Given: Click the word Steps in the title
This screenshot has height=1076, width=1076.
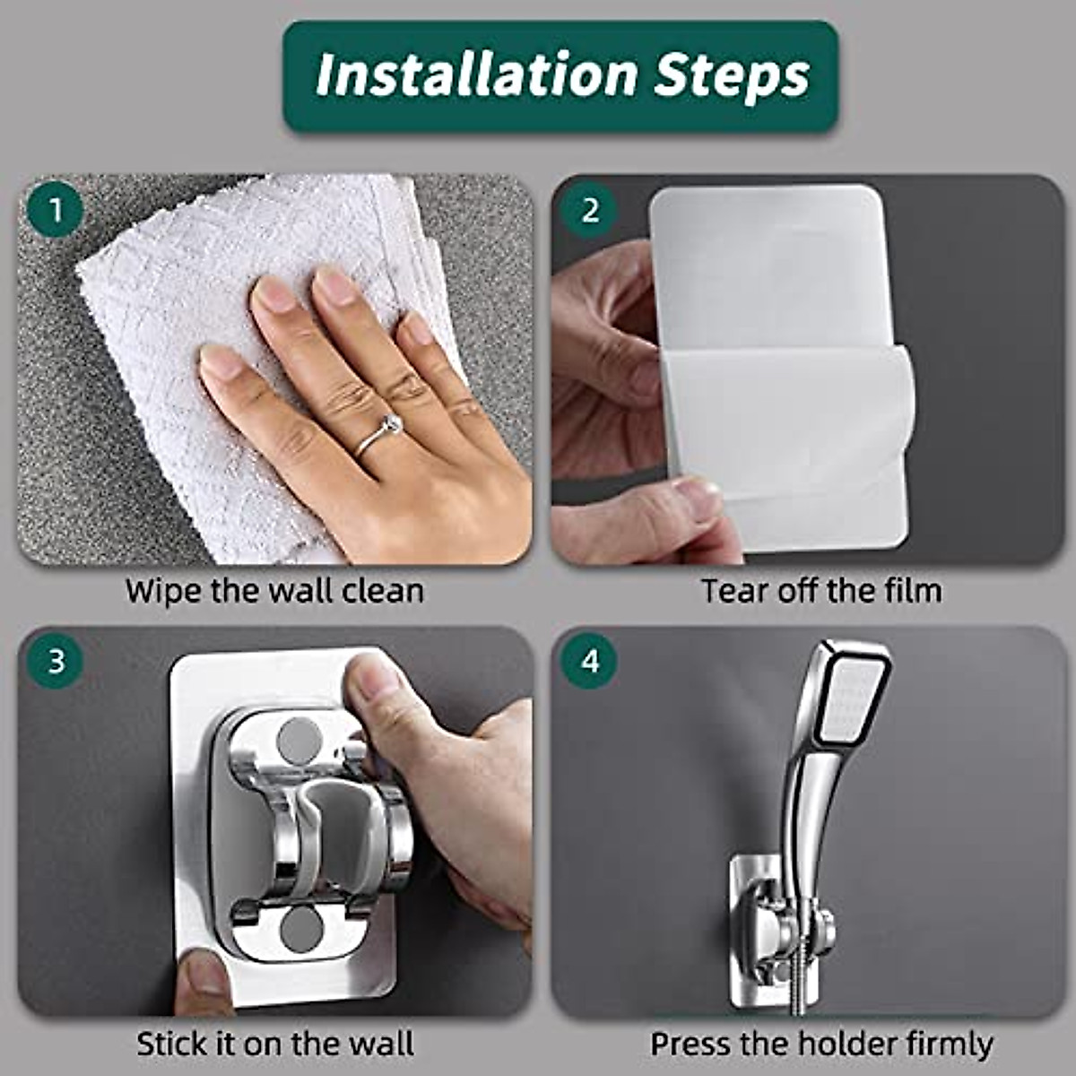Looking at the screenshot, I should click(x=732, y=77).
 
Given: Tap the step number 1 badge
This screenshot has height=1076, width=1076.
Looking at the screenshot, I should click(x=56, y=212).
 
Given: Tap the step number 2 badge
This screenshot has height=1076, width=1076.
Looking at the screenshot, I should click(x=589, y=212).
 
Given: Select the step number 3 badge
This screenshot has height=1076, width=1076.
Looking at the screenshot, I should click(x=56, y=662).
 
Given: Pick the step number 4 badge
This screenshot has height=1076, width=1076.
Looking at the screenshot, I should click(x=589, y=662).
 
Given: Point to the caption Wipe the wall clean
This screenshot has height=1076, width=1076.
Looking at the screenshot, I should click(x=274, y=592).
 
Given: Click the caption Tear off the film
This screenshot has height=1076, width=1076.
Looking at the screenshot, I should click(x=821, y=592).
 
